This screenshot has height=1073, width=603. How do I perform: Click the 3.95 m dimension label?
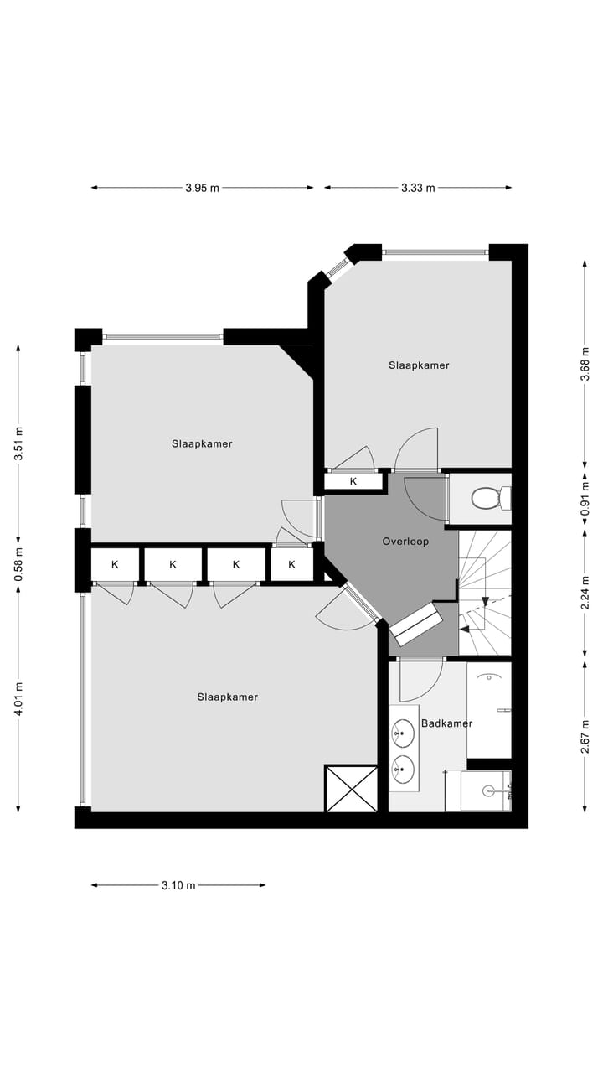(x=202, y=188)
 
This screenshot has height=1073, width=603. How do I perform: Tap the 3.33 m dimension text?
(x=418, y=188)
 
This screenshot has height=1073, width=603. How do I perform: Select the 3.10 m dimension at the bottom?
(x=178, y=885)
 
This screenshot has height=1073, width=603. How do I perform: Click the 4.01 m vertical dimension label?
(x=18, y=698)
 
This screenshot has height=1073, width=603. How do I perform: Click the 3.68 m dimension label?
(x=585, y=365)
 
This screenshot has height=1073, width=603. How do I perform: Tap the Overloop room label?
(x=405, y=542)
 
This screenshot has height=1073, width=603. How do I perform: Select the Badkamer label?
(x=446, y=723)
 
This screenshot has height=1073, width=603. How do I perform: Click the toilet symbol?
(x=487, y=500)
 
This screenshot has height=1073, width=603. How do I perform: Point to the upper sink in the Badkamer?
(x=403, y=734)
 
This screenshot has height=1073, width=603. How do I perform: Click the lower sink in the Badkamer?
(x=403, y=767)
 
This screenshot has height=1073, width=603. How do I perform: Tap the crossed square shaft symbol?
(x=351, y=788)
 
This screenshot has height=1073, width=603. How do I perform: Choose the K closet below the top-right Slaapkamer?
(x=353, y=481)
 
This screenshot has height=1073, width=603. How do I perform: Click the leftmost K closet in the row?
(x=115, y=564)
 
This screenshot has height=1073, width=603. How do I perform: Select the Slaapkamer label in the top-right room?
(x=419, y=365)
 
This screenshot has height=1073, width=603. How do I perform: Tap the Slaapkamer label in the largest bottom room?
(x=227, y=697)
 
